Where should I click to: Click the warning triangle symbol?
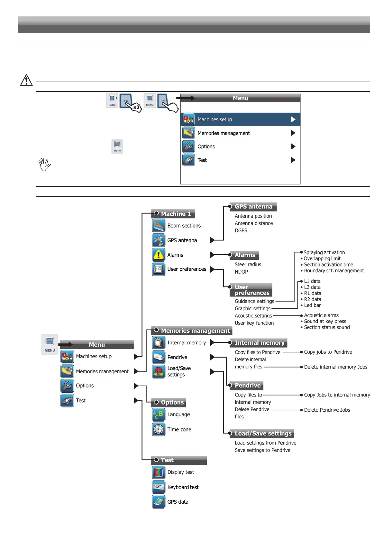pos(26,80)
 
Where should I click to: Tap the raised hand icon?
pos(44,164)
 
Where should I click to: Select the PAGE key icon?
pos(112,100)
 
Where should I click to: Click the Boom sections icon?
pos(159,226)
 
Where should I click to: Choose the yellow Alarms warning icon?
pos(159,255)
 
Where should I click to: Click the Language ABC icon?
pos(159,415)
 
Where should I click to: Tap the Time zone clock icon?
pos(159,429)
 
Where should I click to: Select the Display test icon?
pos(159,472)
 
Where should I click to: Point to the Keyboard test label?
pos(183,487)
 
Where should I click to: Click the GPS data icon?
pos(159,502)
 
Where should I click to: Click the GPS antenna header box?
pos(253,207)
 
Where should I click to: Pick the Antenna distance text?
pos(253,223)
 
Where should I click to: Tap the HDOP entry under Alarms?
pos(241,272)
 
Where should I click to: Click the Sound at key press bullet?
pos(325,321)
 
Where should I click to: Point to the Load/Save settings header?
pos(263,434)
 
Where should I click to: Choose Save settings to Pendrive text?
pos(262,450)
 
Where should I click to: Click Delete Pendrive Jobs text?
pos(327,410)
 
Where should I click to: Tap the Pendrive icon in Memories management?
pos(159,357)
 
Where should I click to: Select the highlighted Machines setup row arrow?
pos(293,119)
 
